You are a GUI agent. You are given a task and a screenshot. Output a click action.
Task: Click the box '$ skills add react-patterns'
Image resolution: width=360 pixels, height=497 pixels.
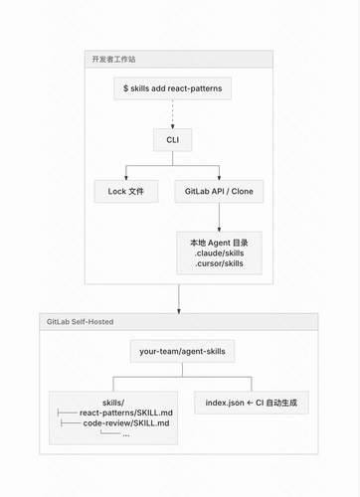(172, 88)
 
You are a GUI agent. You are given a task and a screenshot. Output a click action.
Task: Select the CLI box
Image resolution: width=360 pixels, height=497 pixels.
(172, 140)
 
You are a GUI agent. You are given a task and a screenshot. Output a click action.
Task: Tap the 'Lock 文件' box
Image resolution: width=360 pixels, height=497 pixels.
(126, 191)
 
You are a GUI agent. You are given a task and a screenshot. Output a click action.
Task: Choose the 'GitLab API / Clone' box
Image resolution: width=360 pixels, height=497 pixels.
(219, 191)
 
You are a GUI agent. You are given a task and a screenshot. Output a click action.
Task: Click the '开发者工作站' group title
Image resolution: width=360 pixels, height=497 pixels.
(113, 60)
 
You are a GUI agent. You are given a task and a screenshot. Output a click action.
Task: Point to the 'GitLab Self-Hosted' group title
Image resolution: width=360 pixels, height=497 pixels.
(80, 322)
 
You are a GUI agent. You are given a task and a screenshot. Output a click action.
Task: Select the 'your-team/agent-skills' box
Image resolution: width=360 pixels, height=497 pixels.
(182, 351)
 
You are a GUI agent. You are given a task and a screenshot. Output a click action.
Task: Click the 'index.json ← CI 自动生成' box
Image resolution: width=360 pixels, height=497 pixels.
(252, 403)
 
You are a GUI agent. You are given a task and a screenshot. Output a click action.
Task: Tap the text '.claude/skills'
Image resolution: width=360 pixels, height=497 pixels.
(219, 253)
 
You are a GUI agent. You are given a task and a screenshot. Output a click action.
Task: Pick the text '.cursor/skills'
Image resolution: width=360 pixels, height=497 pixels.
(219, 263)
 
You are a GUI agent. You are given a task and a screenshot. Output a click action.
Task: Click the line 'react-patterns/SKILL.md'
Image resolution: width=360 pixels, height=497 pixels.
(126, 413)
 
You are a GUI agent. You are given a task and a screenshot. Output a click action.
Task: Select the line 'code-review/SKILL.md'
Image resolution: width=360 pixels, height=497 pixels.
(126, 423)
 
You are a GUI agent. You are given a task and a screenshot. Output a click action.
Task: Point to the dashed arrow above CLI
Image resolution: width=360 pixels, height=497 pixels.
(172, 114)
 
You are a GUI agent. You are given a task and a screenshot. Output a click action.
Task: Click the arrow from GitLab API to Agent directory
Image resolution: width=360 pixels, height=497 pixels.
(219, 217)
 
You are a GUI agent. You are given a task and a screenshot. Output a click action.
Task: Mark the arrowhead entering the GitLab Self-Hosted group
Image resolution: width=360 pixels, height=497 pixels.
(179, 311)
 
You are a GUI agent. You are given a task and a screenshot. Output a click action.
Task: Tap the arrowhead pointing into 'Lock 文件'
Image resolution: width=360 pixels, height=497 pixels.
(126, 178)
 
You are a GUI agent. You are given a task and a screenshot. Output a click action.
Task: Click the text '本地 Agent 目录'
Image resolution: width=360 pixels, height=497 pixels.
(219, 243)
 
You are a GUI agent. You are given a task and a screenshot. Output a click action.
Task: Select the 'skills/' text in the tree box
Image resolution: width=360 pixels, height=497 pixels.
(113, 403)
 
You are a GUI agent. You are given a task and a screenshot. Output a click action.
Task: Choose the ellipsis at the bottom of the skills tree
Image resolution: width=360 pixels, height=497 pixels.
(126, 434)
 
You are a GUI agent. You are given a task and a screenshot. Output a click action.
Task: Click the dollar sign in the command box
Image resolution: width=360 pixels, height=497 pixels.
(125, 88)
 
